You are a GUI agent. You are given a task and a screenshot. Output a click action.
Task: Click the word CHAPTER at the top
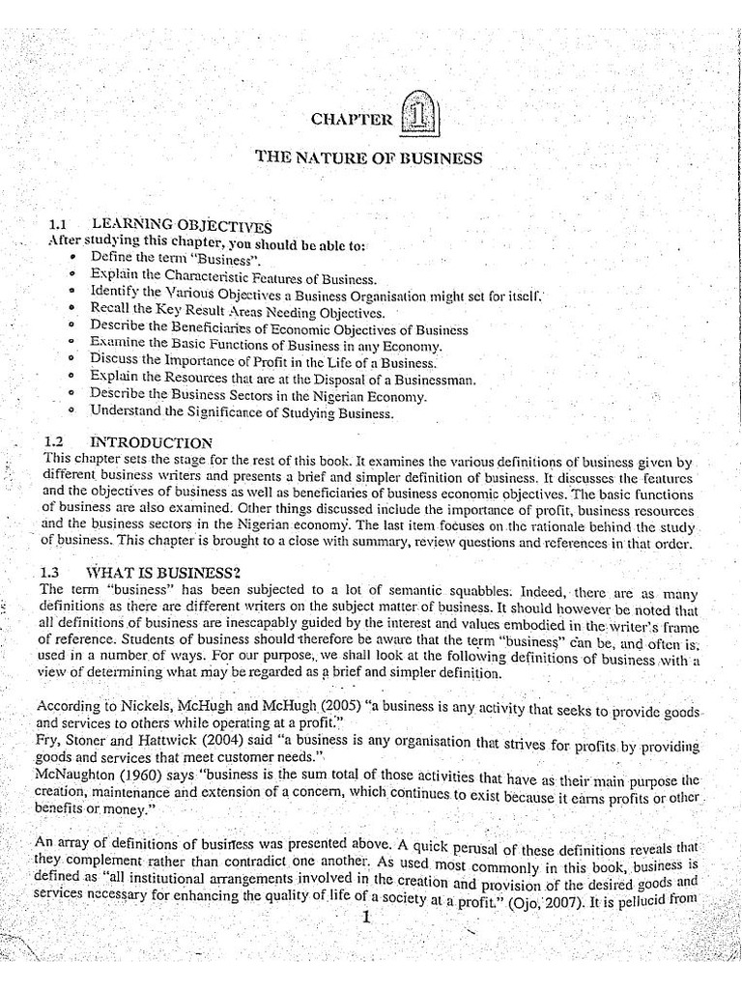pos(352,119)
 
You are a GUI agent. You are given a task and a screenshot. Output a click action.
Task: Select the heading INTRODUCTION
pos(151,442)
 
